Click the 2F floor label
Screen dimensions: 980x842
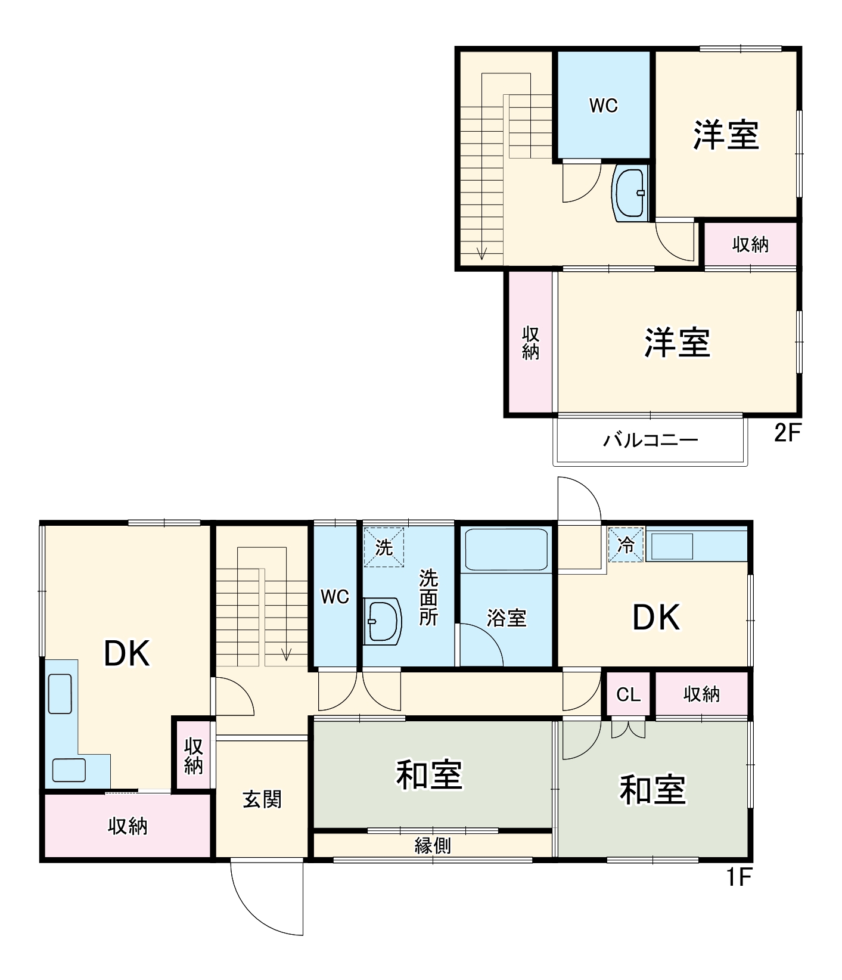(787, 432)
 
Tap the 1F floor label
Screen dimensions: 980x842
(740, 877)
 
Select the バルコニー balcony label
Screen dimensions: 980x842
(650, 441)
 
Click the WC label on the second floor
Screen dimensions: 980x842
(603, 106)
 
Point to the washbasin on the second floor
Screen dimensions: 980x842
(630, 193)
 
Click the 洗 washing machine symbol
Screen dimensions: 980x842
(384, 547)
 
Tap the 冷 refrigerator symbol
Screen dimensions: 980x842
(626, 544)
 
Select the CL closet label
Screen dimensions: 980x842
(628, 694)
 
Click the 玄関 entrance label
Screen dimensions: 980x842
(262, 799)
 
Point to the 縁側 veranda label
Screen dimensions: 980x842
(433, 845)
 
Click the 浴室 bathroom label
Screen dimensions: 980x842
(506, 618)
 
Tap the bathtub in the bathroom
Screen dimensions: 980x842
(506, 550)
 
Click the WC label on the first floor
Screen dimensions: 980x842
(334, 597)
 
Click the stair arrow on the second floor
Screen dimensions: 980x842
(482, 253)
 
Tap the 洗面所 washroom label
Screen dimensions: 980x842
(428, 597)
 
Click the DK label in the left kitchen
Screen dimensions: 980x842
(126, 653)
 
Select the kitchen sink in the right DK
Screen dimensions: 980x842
(672, 546)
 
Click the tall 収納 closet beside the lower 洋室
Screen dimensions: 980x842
(530, 343)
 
